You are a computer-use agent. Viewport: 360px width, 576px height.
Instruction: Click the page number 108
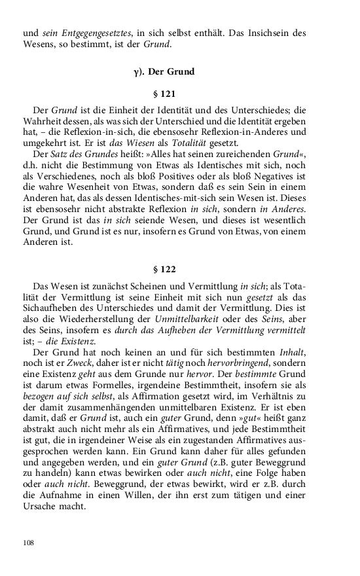[x=27, y=543]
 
